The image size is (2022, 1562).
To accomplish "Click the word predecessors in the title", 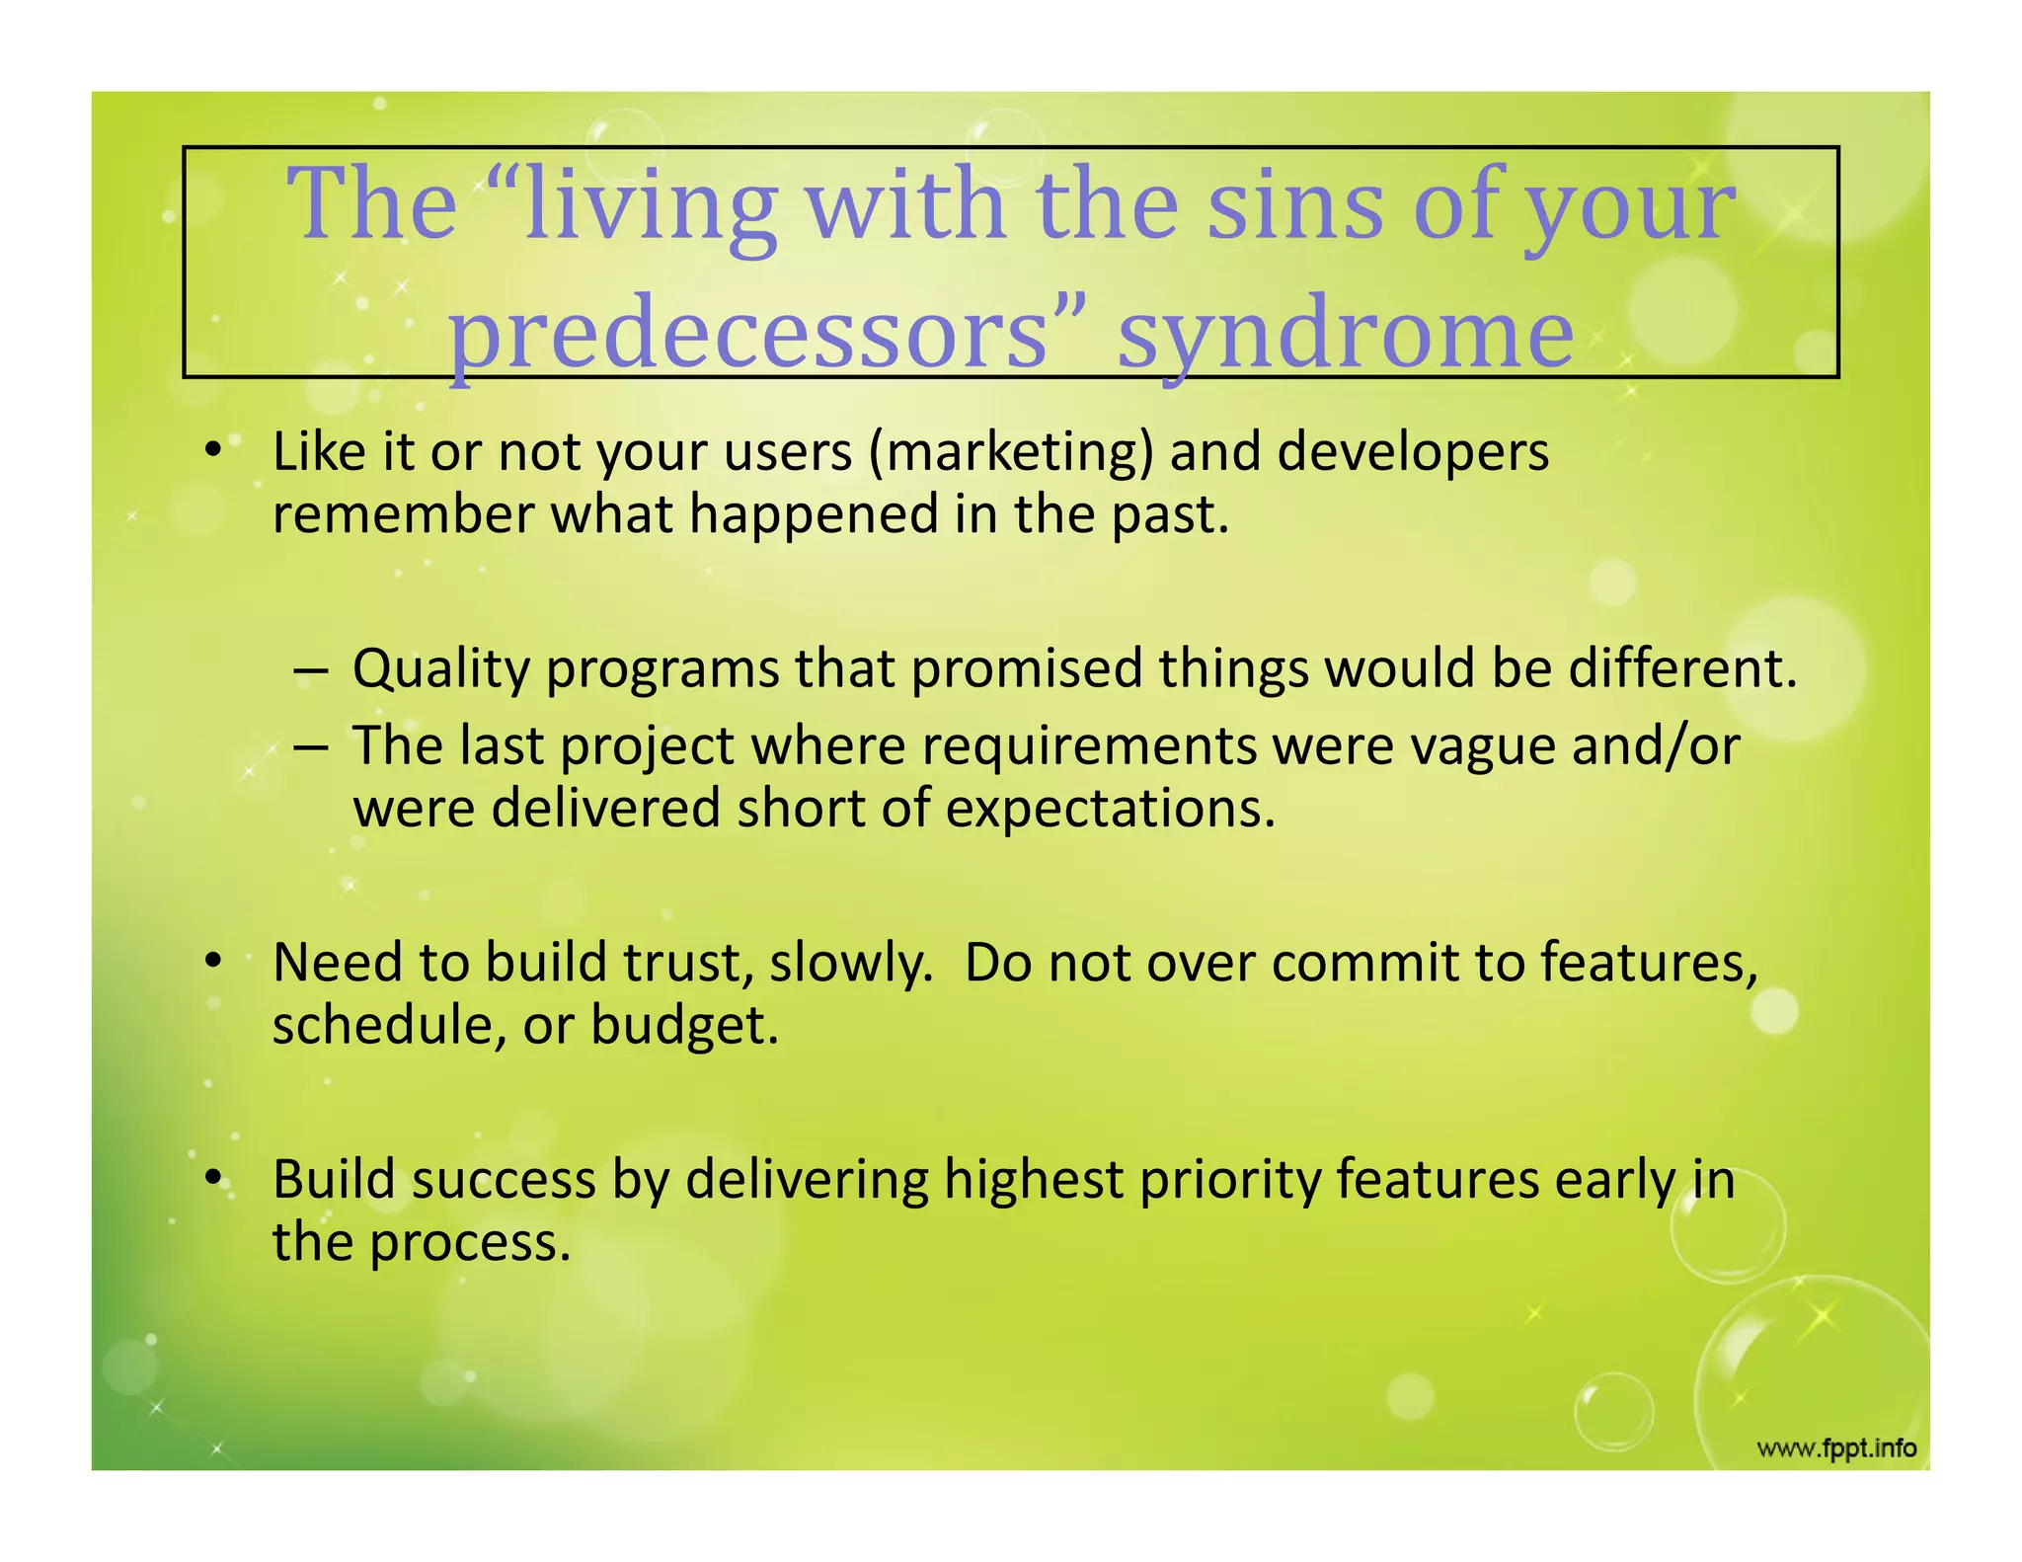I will pyautogui.click(x=748, y=334).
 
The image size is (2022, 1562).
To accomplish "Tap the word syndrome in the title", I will pyautogui.click(x=1345, y=334).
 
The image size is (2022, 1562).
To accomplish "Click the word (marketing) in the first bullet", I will pyautogui.click(x=1010, y=452).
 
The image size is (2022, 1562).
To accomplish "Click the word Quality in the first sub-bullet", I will pyautogui.click(x=441, y=668).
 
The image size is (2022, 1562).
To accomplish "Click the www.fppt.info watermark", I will pyautogui.click(x=1835, y=1449).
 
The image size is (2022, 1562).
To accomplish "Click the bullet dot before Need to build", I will pyautogui.click(x=212, y=962).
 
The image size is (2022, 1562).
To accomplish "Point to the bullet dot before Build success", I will pyautogui.click(x=212, y=1179).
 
